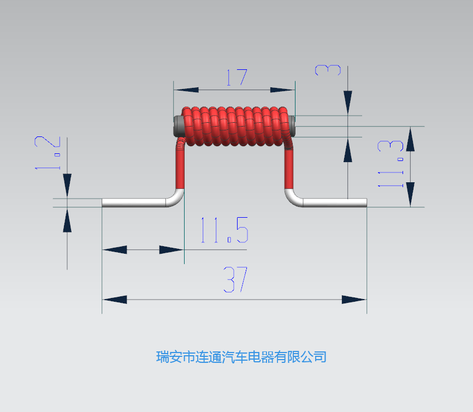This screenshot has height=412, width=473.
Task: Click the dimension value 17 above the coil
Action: (x=237, y=77)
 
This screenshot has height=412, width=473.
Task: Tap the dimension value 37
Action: (x=235, y=279)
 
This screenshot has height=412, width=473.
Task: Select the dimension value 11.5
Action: (x=224, y=230)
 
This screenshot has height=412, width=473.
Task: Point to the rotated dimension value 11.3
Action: (x=391, y=164)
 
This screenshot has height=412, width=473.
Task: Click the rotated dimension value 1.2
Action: (x=48, y=153)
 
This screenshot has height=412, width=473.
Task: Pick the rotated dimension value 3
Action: (x=328, y=70)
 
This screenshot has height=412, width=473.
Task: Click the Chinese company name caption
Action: (x=241, y=357)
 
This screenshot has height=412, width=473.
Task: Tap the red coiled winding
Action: (x=235, y=126)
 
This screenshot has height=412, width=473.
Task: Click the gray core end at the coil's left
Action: (x=178, y=126)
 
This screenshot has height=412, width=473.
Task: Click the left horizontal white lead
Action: (x=134, y=202)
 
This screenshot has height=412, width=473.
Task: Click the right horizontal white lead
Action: (x=335, y=202)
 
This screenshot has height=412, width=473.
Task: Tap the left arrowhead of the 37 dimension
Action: (x=115, y=300)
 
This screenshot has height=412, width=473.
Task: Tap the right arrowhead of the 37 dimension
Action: (x=354, y=300)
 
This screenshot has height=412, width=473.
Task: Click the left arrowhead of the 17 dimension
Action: (x=186, y=90)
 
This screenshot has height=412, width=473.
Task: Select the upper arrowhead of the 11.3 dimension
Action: (x=410, y=139)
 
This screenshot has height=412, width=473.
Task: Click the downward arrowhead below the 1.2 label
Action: (x=67, y=186)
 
